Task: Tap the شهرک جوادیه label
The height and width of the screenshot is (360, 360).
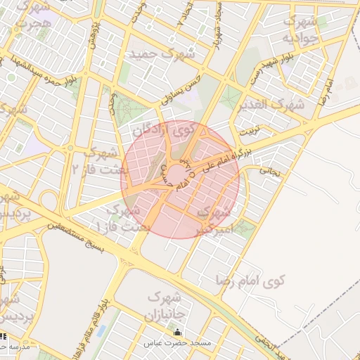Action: click(306, 30)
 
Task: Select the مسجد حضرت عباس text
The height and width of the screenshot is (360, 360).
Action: click(177, 343)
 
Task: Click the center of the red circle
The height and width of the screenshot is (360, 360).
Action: click(180, 179)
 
